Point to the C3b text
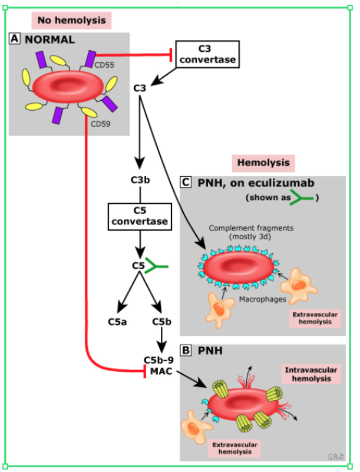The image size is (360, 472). (x=140, y=179)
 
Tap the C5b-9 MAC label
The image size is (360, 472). (x=158, y=365)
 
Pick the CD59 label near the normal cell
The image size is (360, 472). (x=100, y=123)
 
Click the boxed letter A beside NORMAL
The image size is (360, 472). (x=15, y=39)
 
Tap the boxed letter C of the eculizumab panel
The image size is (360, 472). (x=186, y=182)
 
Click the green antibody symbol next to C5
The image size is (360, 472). (x=158, y=266)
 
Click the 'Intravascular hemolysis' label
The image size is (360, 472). (x=311, y=374)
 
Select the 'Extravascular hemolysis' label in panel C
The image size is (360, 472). (x=315, y=319)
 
